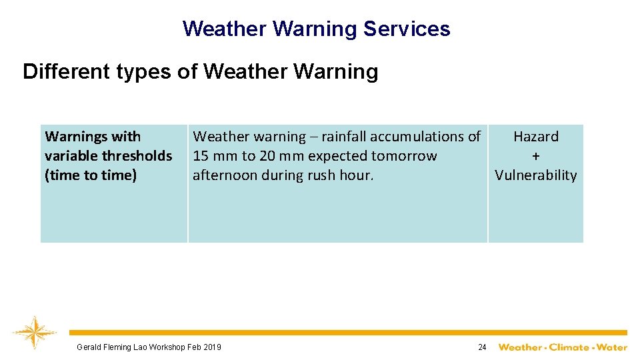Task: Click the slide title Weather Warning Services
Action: coord(316,29)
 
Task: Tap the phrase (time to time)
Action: coord(91,175)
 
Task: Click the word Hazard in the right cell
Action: coord(535,137)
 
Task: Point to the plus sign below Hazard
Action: coord(535,156)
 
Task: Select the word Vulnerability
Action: coord(535,175)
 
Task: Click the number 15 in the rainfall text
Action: coord(201,156)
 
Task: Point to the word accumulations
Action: coord(418,137)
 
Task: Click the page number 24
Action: coord(483,347)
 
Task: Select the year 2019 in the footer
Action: coord(211,347)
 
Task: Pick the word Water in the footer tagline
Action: coord(611,347)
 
